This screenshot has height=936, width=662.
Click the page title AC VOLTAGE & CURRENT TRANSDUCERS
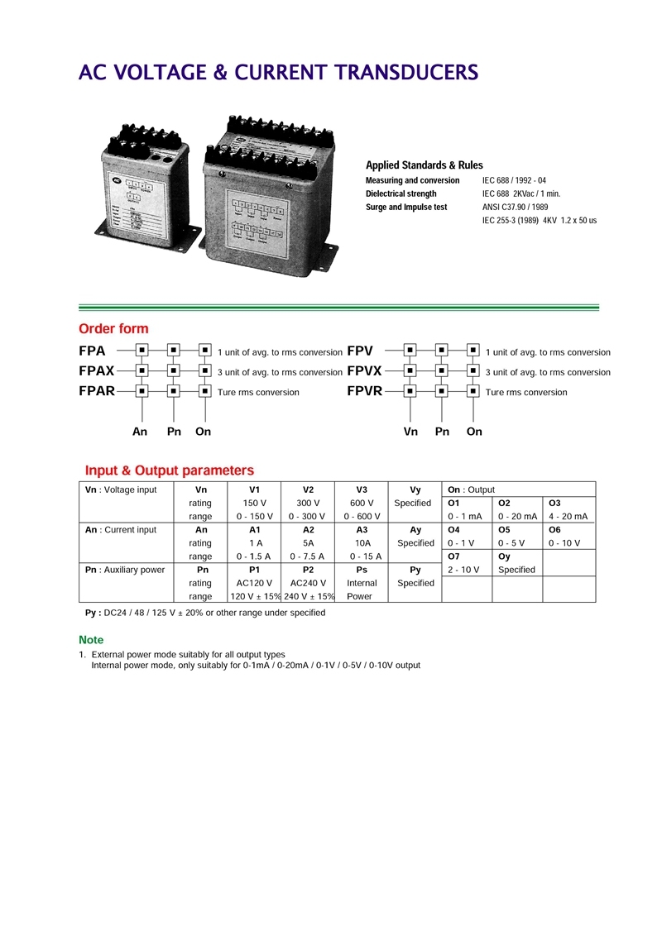coord(278,73)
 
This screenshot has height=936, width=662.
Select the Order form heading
coord(113,329)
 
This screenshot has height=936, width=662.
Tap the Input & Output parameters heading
coord(170,470)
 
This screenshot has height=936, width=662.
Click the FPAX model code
coord(97,371)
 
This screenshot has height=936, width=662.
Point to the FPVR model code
coord(365,391)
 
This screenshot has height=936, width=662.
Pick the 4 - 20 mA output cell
coord(568,516)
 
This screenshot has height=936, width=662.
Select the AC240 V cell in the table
coord(309,583)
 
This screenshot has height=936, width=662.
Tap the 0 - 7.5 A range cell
coord(309,556)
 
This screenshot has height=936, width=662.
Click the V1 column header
coord(255,489)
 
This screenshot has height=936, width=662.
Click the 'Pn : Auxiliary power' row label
coord(125,570)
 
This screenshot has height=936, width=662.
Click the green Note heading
coord(91,640)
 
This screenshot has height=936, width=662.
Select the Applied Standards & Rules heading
coord(425,165)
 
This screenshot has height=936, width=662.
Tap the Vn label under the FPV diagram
coord(410,432)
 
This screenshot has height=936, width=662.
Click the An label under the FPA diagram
coord(140,432)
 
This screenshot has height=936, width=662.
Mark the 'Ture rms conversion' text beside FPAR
coord(258,392)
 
